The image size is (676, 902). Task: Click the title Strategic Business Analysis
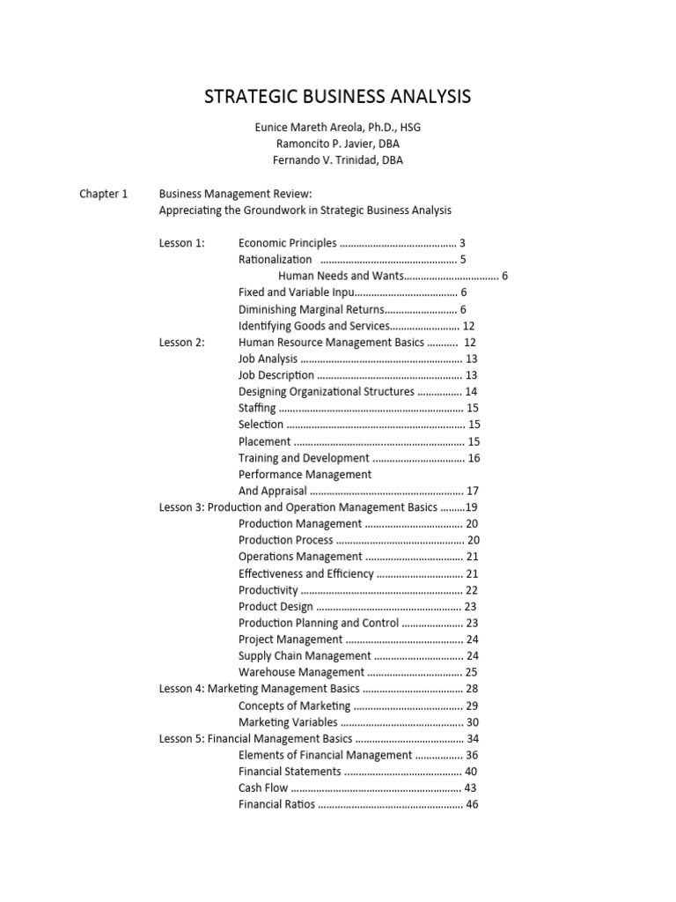(x=338, y=96)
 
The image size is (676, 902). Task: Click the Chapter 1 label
(x=104, y=193)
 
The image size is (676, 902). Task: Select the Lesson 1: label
(x=181, y=243)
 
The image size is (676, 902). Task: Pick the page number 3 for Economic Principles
(x=462, y=243)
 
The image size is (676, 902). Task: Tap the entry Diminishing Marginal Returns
(x=312, y=309)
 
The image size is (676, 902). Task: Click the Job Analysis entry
(x=268, y=359)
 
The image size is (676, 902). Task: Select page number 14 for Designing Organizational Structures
(x=471, y=392)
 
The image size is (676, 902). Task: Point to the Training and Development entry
(x=304, y=458)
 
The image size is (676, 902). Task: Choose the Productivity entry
(x=268, y=590)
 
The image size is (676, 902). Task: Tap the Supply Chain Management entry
(x=305, y=656)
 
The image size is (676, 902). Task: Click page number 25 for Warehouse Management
(x=472, y=672)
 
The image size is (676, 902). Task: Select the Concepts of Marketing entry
(x=294, y=706)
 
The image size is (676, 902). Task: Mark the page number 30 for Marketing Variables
(x=472, y=722)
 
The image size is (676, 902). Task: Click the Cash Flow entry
(x=263, y=788)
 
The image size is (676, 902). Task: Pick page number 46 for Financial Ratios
(x=472, y=804)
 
